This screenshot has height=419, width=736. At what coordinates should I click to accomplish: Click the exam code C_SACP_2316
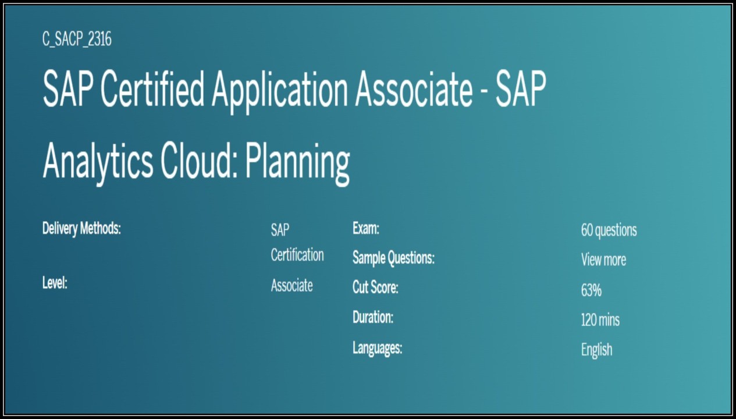(x=77, y=40)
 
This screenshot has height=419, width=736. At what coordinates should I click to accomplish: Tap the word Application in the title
(x=279, y=91)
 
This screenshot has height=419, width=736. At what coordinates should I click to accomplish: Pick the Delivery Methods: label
(x=81, y=228)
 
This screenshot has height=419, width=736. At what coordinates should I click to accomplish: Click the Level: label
(x=55, y=284)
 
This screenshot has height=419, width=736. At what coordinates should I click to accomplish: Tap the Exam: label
(x=365, y=228)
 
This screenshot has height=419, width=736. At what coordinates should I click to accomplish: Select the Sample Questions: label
(x=393, y=258)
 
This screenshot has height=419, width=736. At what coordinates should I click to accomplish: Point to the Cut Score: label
(x=375, y=287)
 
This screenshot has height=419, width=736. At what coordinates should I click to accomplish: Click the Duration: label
(x=373, y=318)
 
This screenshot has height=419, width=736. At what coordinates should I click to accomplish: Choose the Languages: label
(x=377, y=348)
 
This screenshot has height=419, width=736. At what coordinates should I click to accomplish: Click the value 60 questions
(x=609, y=230)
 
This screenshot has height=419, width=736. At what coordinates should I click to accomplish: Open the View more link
(x=603, y=260)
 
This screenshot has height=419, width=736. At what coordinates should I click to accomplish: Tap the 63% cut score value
(x=591, y=290)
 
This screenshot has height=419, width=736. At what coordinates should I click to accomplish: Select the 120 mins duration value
(x=600, y=319)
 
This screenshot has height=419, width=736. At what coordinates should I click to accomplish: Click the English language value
(x=596, y=350)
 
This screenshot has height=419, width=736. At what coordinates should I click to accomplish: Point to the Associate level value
(x=291, y=286)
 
